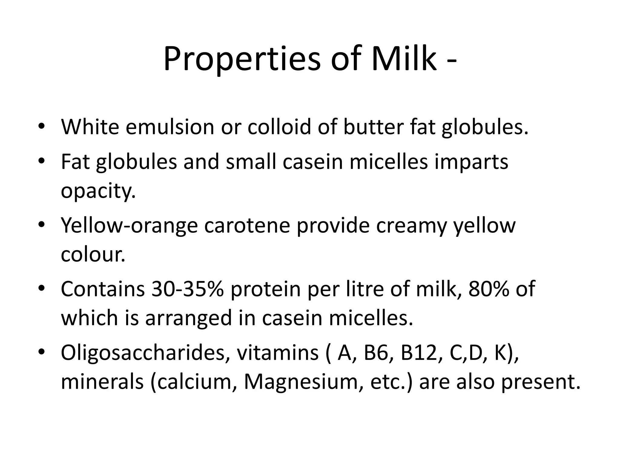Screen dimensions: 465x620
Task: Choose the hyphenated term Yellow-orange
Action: pos(129,226)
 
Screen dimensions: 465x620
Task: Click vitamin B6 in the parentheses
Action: pos(376,353)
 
